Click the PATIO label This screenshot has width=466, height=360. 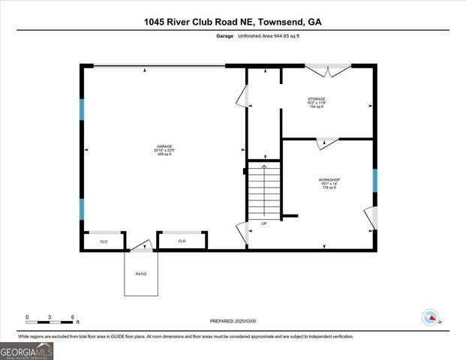(x=142, y=274)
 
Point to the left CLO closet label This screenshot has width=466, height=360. (x=104, y=241)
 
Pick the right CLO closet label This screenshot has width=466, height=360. (x=182, y=241)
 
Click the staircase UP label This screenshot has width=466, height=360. (x=263, y=223)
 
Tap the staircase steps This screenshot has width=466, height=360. (x=263, y=190)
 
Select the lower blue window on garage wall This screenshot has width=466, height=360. (x=82, y=209)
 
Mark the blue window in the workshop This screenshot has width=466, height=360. (x=374, y=180)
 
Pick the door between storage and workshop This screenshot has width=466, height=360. (x=327, y=142)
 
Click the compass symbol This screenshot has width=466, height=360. (x=430, y=317)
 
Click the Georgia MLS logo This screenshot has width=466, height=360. (x=27, y=351)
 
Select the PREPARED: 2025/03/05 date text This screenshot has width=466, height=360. (x=232, y=320)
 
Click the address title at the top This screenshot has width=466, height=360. (x=233, y=22)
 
